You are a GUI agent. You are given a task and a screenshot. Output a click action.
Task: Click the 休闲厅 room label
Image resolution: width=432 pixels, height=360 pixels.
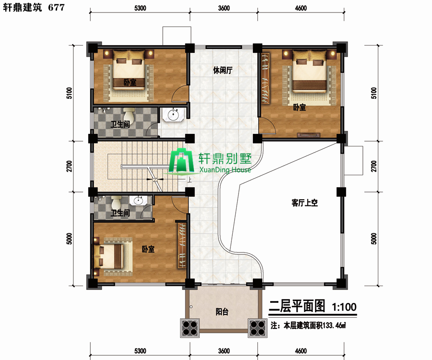coord(223,70)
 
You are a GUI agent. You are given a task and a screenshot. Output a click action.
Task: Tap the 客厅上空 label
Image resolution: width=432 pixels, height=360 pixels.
coord(304,203)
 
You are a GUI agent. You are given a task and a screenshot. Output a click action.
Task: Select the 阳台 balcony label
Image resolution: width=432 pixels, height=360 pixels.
coord(222,312)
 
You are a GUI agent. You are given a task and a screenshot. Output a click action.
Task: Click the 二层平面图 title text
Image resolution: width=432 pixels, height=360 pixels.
coord(297,306)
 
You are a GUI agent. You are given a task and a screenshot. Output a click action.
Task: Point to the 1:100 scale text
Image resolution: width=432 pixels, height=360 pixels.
coord(344,307)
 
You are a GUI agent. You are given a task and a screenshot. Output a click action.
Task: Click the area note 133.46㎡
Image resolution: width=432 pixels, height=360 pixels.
coord(334,325)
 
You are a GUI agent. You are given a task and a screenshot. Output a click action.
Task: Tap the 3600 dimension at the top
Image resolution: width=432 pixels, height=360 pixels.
coord(224,8)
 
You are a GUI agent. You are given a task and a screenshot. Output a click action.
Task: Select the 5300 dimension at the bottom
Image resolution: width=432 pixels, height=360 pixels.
coord(140,351)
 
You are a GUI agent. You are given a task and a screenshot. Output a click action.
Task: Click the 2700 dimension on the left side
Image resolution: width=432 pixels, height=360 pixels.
coord(69,166)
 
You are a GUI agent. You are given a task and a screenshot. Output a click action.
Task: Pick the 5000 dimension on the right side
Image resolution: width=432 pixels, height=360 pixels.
coord(373,239)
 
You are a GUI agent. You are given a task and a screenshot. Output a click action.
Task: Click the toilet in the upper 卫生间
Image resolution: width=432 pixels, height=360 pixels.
coord(129,115)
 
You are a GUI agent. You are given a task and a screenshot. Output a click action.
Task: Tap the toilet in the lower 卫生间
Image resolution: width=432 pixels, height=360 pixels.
coord(116,203)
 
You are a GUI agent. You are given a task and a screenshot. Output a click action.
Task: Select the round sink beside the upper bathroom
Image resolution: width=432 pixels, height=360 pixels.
coord(173,114)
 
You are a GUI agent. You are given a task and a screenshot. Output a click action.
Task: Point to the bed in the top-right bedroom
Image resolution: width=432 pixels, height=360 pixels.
coord(310,72)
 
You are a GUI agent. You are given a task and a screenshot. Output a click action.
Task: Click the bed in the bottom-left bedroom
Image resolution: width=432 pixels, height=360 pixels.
coord(108,256)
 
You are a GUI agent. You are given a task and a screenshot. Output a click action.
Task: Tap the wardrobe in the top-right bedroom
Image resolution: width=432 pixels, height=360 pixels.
coord(265,79)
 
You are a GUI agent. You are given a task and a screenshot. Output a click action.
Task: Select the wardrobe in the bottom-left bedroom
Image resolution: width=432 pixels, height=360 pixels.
coord(181,245)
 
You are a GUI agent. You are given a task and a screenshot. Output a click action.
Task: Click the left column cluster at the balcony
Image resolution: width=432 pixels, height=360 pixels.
coord(190,328)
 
